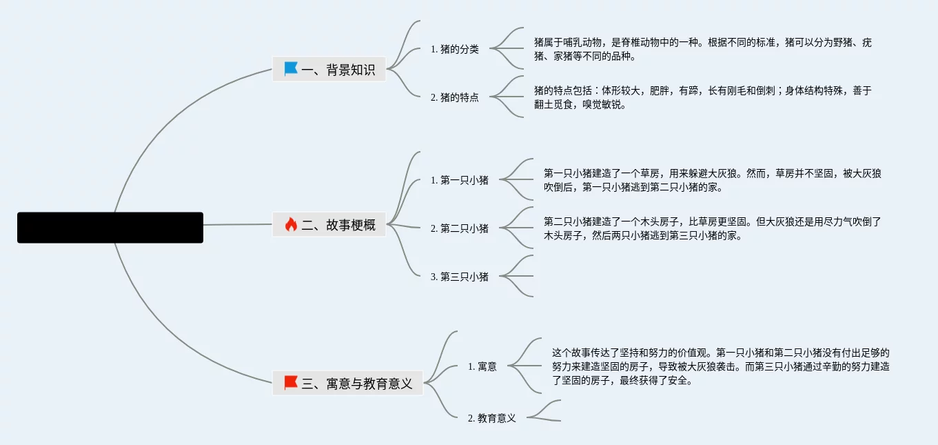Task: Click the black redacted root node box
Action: pyautogui.click(x=110, y=228)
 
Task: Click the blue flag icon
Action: pyautogui.click(x=291, y=69)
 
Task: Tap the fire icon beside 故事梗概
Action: pyautogui.click(x=291, y=224)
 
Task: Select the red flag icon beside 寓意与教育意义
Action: pyautogui.click(x=291, y=383)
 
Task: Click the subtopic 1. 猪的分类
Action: pyautogui.click(x=455, y=49)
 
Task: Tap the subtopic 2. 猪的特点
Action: pyautogui.click(x=455, y=97)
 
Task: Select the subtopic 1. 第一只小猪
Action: pyautogui.click(x=460, y=180)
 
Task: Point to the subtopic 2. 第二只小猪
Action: pyautogui.click(x=460, y=228)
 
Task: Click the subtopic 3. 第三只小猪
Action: pyautogui.click(x=460, y=277)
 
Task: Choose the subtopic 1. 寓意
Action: pyautogui.click(x=482, y=366)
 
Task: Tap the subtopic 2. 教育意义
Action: pyautogui.click(x=492, y=418)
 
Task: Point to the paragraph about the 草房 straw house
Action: pyautogui.click(x=712, y=180)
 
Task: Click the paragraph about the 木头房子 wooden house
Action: pyautogui.click(x=712, y=228)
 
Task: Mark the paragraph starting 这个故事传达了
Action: pyautogui.click(x=720, y=366)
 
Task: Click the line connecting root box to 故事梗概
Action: pyautogui.click(x=238, y=225)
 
